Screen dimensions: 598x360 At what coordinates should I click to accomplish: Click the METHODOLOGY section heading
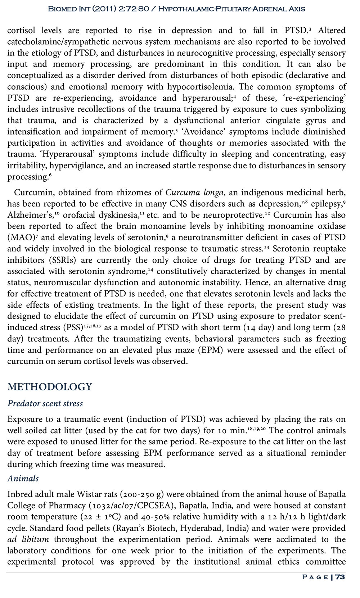point(50,387)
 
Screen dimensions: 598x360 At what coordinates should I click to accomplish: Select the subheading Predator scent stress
point(45,403)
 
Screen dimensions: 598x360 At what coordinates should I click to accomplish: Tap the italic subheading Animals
point(23,479)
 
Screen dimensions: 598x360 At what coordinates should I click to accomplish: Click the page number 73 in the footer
point(340,577)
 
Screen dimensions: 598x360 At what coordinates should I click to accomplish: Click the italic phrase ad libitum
point(28,539)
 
